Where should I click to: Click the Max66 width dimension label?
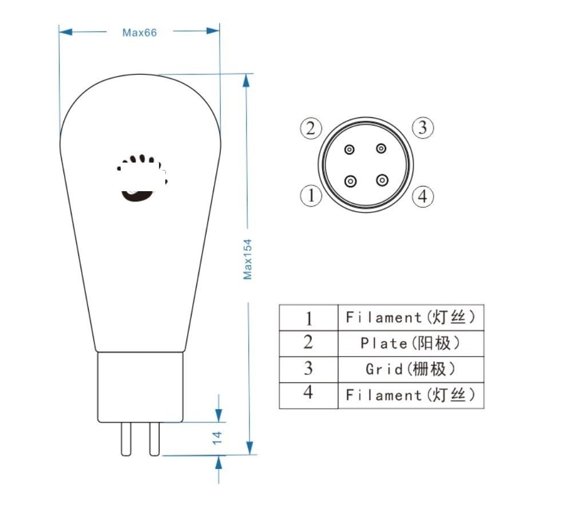(140, 32)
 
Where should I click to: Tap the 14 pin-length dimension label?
(217, 438)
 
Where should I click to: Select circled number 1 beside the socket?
(311, 196)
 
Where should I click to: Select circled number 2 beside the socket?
(311, 128)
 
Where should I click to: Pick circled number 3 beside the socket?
(422, 127)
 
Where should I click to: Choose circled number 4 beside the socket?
(422, 197)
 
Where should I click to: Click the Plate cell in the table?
(410, 343)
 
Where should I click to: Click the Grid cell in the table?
(410, 369)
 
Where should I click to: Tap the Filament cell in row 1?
(410, 317)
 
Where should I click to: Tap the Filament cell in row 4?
(410, 395)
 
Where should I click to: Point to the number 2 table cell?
(308, 343)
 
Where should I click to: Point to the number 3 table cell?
(308, 369)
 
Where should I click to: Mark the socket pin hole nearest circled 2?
(349, 149)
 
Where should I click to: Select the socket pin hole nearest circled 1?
(351, 182)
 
